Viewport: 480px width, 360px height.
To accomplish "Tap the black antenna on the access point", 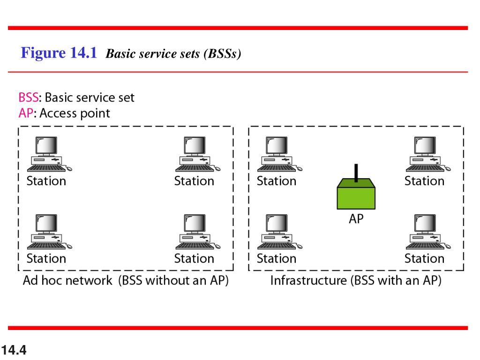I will [356, 172].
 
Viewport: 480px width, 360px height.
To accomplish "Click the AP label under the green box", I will [356, 218].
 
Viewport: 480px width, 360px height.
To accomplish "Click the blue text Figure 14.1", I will [59, 53].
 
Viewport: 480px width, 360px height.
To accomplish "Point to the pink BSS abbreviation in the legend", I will [28, 97].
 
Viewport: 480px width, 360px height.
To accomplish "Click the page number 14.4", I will [14, 350].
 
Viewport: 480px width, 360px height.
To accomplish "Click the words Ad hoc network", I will [67, 281].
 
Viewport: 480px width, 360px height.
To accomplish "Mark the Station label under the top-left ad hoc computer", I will [46, 181].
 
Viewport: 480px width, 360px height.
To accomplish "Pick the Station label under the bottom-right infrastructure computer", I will [424, 258].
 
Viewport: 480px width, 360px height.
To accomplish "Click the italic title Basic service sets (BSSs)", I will [173, 54].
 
